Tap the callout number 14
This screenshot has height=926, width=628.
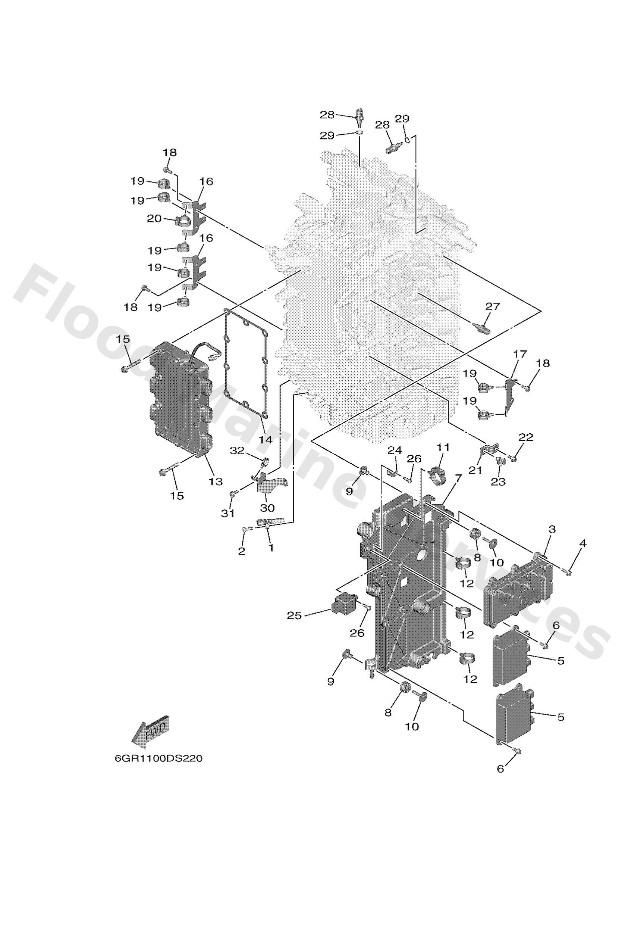265,440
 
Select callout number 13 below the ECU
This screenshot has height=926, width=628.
216,481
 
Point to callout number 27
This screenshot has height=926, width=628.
492,306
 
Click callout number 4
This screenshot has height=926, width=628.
583,543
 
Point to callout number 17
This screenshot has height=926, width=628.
520,354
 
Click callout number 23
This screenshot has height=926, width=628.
498,482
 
